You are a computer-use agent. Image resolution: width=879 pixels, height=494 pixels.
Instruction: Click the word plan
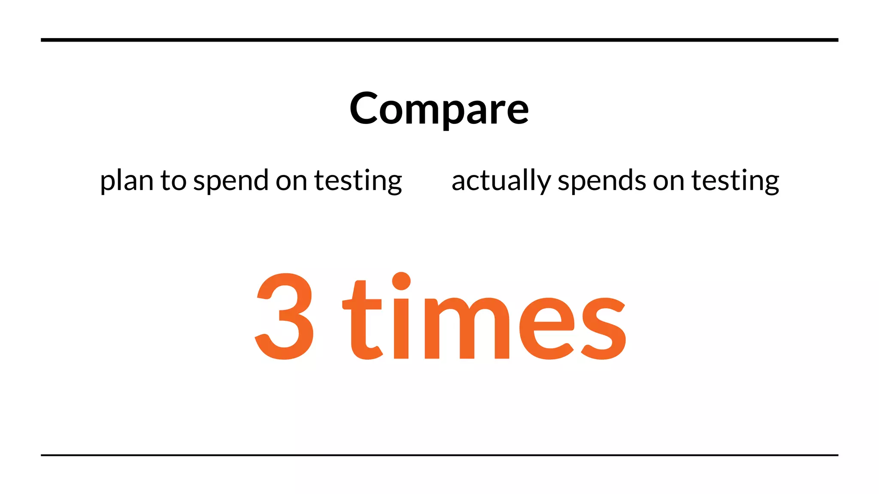[126, 181]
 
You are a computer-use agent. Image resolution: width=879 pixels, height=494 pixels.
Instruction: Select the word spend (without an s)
[231, 181]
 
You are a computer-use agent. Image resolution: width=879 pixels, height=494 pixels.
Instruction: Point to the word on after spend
[291, 181]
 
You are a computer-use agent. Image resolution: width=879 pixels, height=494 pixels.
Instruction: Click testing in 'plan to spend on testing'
[358, 181]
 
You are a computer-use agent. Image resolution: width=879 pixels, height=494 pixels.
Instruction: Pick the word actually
[501, 181]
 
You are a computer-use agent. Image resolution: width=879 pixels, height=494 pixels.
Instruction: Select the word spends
[602, 181]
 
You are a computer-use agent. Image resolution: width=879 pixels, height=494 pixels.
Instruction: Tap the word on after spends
[669, 181]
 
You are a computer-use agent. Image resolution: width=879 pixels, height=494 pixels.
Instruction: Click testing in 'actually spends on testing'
[735, 181]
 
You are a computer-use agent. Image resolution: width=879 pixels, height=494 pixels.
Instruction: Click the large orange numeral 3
[285, 316]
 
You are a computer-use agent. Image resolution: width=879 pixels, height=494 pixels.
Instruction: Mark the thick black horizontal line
[439, 40]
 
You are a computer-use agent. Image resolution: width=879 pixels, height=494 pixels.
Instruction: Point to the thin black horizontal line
[439, 455]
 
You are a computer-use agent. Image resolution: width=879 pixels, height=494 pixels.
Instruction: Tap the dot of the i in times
[401, 281]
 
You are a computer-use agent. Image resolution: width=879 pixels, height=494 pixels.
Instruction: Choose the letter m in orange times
[467, 328]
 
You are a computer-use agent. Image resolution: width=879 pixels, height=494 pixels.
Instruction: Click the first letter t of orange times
[363, 322]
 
